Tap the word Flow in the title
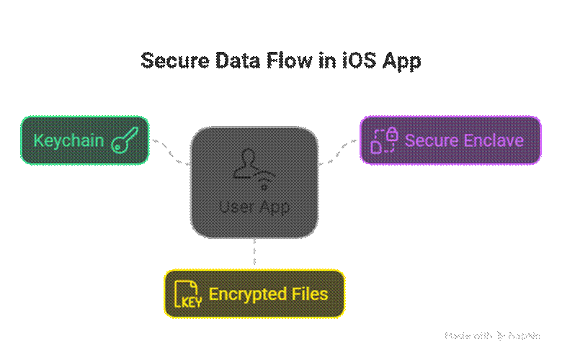[290, 60]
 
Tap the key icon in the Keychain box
[124, 140]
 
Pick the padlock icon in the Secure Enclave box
[391, 134]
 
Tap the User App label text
[254, 207]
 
